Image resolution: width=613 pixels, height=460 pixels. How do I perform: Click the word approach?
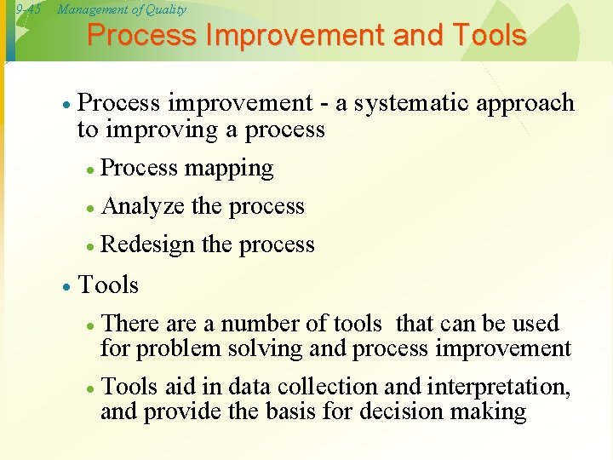click(x=527, y=104)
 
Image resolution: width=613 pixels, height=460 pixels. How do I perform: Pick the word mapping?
click(x=229, y=169)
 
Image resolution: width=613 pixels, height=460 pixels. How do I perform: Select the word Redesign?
click(x=148, y=245)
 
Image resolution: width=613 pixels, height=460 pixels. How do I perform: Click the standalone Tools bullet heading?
click(x=108, y=285)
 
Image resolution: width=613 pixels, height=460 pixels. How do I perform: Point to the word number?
click(x=253, y=325)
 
